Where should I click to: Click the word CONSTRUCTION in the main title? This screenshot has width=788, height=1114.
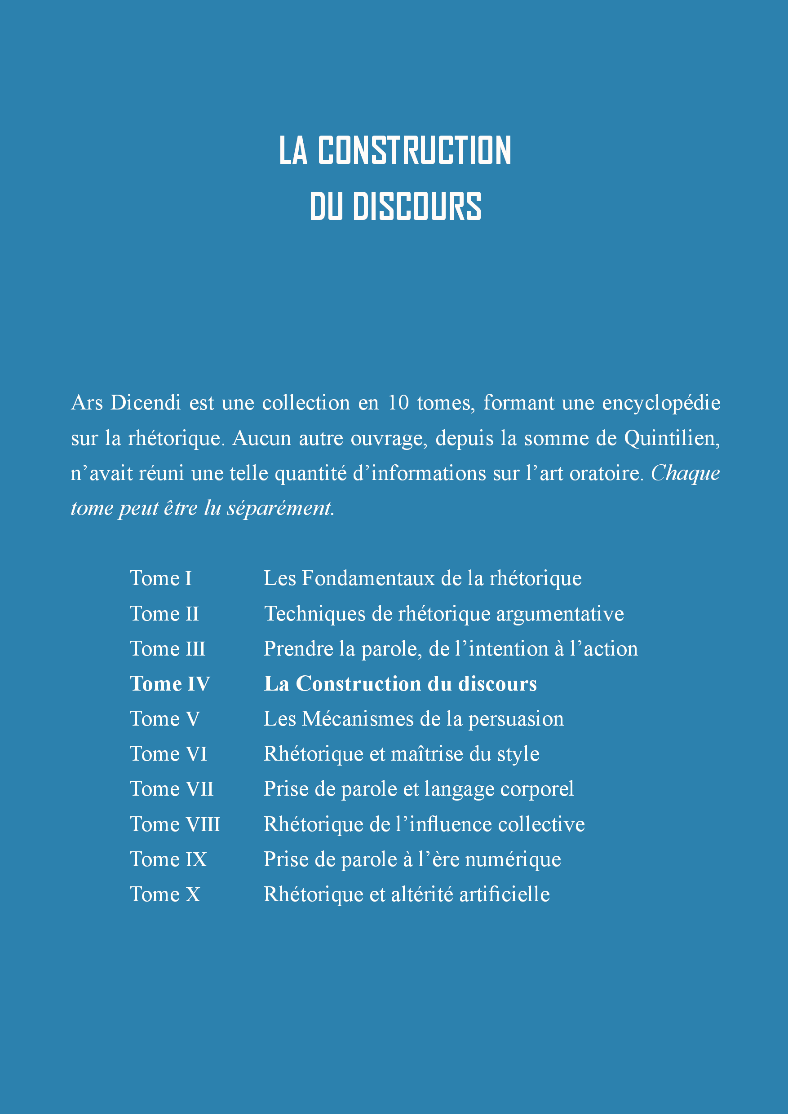pyautogui.click(x=414, y=150)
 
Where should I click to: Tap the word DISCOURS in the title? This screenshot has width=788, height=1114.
pyautogui.click(x=416, y=206)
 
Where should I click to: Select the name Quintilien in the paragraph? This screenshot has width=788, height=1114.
pyautogui.click(x=672, y=439)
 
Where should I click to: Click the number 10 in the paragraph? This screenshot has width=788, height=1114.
pyautogui.click(x=398, y=403)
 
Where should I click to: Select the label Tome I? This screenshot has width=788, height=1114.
pyautogui.click(x=161, y=578)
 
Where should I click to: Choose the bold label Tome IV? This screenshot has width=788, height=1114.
pyautogui.click(x=169, y=684)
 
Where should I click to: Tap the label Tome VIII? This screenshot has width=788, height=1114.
pyautogui.click(x=175, y=824)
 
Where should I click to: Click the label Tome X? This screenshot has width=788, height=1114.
pyautogui.click(x=164, y=894)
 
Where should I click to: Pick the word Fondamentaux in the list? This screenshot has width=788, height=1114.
pyautogui.click(x=368, y=578)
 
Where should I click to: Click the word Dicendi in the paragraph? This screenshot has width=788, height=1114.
pyautogui.click(x=146, y=403)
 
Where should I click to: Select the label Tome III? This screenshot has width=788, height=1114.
pyautogui.click(x=168, y=649)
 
